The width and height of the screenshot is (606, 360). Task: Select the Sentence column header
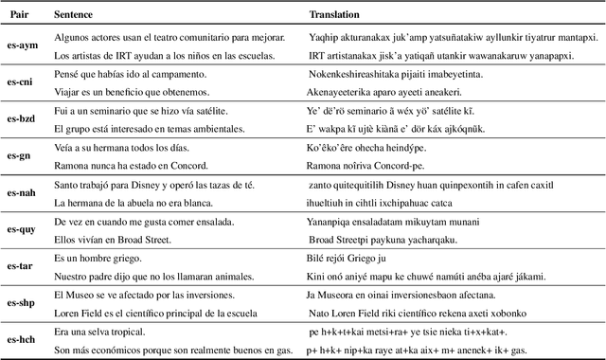pos(74,16)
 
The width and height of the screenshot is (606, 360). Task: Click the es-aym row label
pos(23,45)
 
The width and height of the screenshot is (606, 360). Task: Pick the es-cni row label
pos(23,82)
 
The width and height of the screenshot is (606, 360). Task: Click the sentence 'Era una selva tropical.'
pos(100,332)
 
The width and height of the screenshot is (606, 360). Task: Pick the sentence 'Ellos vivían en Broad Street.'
pos(113,240)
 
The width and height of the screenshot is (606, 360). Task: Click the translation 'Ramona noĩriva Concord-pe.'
pos(367,166)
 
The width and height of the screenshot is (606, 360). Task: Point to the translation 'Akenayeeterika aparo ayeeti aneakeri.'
pos(384,92)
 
